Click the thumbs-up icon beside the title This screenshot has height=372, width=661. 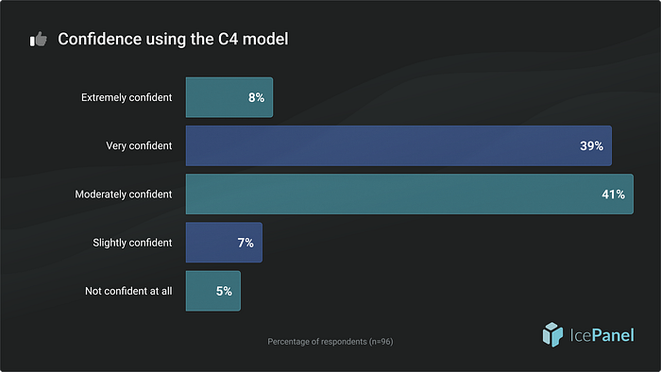39,39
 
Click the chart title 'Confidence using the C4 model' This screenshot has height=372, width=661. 173,39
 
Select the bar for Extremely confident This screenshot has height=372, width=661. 229,97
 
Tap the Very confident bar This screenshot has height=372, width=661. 398,145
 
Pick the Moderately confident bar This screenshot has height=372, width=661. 410,194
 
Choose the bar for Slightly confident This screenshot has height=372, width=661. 225,243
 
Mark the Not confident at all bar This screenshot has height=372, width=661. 213,291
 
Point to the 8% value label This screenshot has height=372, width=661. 256,98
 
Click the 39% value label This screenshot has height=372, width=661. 591,146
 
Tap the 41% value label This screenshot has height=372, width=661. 614,194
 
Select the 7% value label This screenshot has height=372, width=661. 246,243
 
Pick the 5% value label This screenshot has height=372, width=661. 224,292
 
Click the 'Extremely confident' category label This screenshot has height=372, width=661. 127,98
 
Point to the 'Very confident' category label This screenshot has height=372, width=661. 139,145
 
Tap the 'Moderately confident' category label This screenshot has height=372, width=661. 124,194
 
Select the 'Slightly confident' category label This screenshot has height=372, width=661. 132,243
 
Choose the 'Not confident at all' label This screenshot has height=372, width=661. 128,291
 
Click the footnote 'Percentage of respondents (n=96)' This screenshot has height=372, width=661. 330,342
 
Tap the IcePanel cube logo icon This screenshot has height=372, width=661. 552,335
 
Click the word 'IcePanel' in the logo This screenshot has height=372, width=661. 602,336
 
